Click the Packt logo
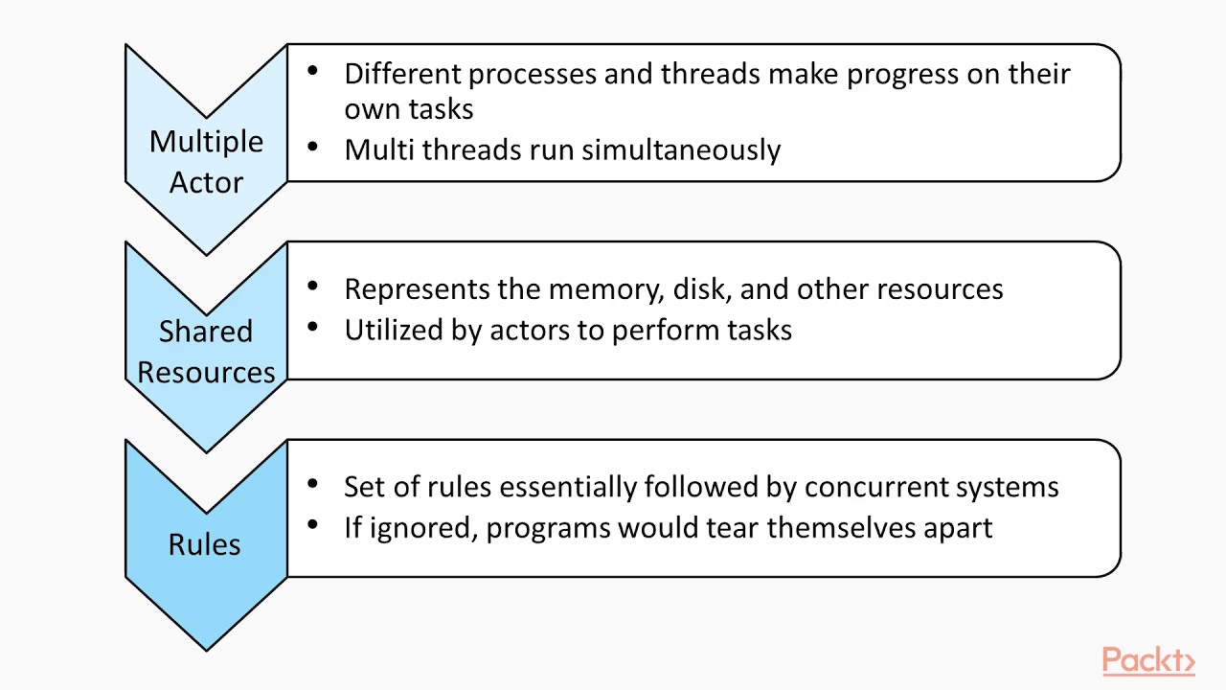coord(1147,661)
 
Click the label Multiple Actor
coord(206,161)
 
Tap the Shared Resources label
coord(206,351)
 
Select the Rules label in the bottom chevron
coord(204,544)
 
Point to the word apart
coord(958,528)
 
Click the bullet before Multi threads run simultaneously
coord(312,148)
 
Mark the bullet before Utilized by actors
coord(312,328)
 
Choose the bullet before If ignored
coord(312,526)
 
